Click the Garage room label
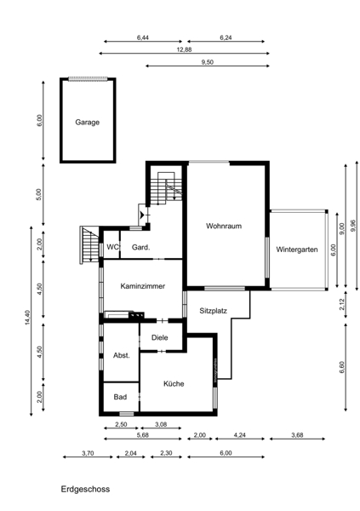pos(88,123)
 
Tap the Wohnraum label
pos(224,226)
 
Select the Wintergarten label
pos(297,250)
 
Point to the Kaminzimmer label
pos(143,286)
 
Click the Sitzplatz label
pos(213,311)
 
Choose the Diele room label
pos(160,337)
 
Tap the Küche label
pos(174,383)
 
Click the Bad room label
pos(120,397)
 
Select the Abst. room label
pos(122,355)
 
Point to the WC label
pos(112,247)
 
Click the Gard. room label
pos(140,247)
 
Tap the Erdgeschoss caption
pos(85,489)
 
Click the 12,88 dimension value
pos(184,49)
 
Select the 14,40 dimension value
pos(27,318)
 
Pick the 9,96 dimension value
pos(353,226)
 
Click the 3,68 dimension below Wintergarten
pos(297,435)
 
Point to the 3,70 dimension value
pos(88,453)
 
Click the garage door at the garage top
pos(88,79)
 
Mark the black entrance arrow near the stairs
pos(142,215)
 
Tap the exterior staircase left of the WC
pos(89,244)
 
